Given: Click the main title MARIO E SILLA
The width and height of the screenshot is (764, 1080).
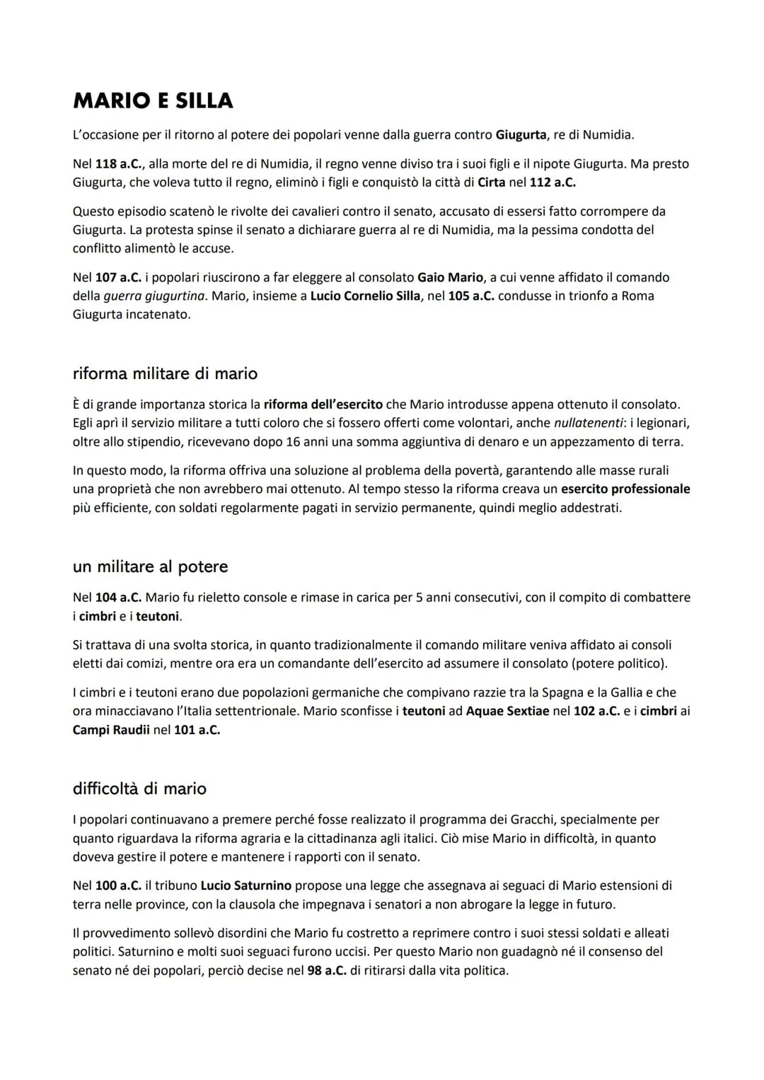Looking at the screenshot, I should coord(153,101).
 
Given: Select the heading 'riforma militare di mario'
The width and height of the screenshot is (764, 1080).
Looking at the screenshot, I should coord(165,373).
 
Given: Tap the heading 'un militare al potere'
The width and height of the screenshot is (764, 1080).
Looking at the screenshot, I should coord(150,567).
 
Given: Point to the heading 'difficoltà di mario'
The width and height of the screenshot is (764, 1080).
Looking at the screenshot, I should coord(139,789).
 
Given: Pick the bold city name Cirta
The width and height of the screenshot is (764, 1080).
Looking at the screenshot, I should coord(492,182).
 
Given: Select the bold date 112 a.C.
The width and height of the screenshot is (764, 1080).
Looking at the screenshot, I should coord(552,182).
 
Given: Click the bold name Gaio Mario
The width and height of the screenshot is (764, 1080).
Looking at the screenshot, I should coord(451,277).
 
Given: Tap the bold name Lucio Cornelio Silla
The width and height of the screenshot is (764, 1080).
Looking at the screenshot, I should coord(365,296).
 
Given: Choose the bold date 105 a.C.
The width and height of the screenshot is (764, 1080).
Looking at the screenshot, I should coord(471,296).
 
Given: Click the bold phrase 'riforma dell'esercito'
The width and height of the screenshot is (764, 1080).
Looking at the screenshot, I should coord(323,405).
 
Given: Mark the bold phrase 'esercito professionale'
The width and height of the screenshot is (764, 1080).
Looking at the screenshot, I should coord(625,489).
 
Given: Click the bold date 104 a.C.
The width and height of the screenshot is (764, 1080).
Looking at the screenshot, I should coord(118,598).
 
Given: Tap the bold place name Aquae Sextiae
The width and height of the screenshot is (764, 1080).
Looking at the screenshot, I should coord(507,711).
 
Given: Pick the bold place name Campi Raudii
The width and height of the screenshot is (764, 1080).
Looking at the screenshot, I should coord(111,730).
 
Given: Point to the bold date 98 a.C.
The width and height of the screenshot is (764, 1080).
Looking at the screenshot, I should coord(327,970).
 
